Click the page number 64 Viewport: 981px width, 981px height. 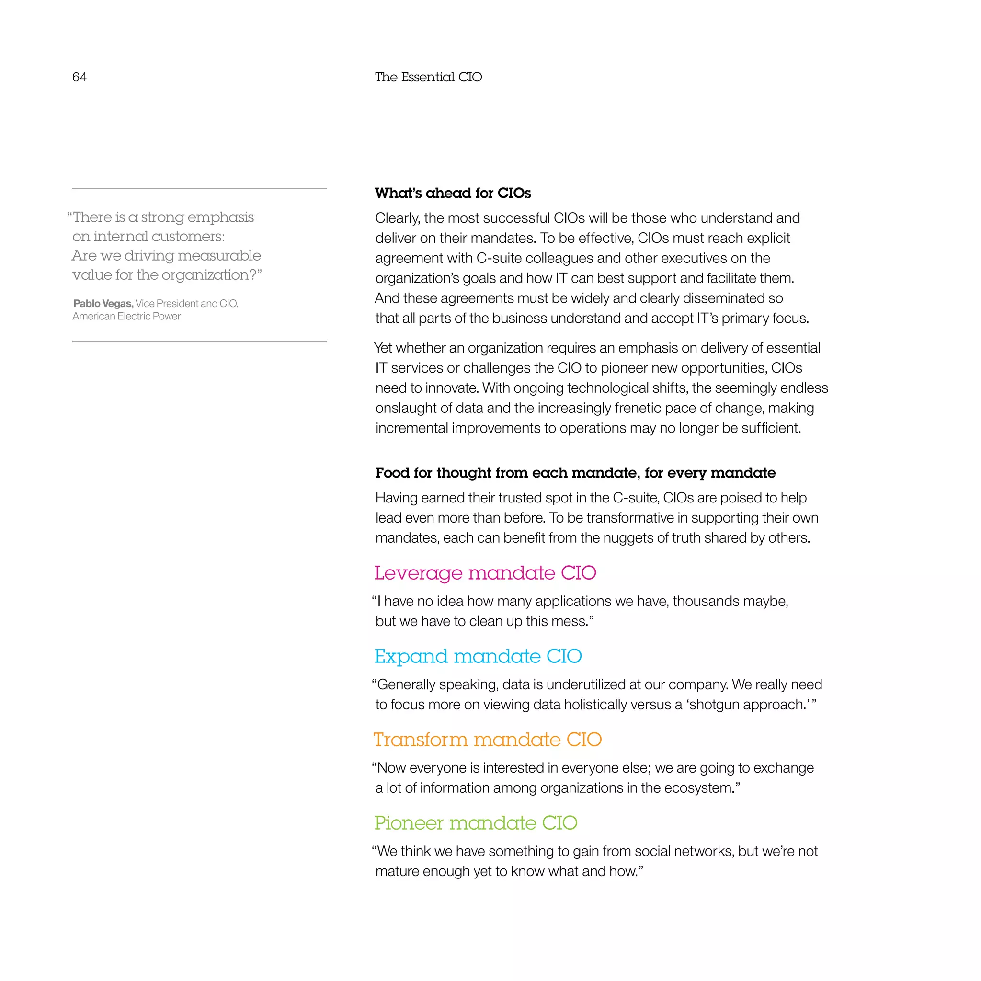(x=79, y=77)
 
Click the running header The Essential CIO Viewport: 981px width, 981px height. (x=428, y=77)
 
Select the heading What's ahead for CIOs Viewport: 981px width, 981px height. (x=452, y=193)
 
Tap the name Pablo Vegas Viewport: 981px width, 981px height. (x=103, y=304)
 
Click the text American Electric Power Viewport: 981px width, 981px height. (x=126, y=316)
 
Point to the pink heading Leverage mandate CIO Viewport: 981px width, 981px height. (x=485, y=573)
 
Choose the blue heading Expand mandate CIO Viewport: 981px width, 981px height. (x=478, y=656)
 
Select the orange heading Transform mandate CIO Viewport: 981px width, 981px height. (x=488, y=739)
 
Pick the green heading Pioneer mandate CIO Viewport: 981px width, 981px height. (x=476, y=822)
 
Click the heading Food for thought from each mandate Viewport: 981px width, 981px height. (x=575, y=473)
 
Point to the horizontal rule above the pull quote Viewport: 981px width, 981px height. (x=199, y=188)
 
